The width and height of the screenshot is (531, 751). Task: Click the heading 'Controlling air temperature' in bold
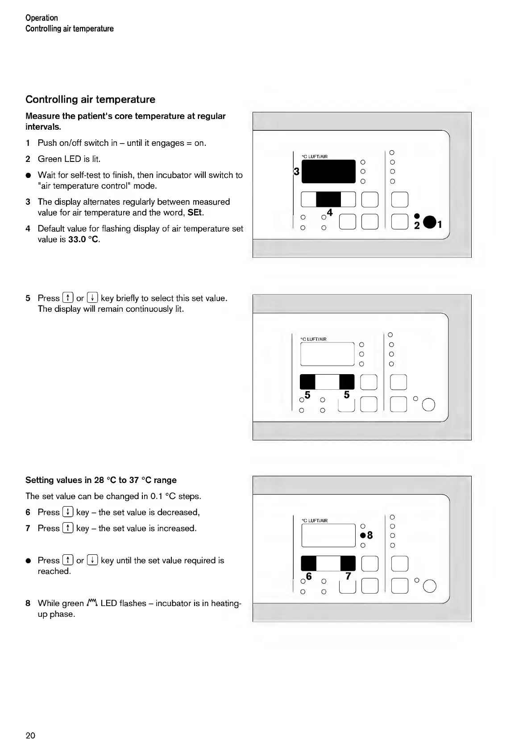tap(90, 99)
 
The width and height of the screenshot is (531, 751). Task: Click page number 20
tap(30, 735)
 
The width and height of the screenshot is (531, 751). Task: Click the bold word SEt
tap(195, 213)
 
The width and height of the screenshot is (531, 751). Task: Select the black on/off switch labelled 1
tap(429, 222)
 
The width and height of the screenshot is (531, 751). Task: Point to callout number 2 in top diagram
tap(417, 226)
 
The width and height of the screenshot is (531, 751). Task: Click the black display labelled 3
tap(328, 171)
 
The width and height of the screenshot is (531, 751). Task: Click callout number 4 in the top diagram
tap(330, 212)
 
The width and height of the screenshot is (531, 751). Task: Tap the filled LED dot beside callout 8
tap(363, 536)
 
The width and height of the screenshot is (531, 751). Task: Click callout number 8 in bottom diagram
tap(370, 536)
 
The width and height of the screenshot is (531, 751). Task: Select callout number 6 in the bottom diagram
tap(309, 577)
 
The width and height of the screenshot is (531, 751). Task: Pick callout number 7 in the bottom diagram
tap(348, 577)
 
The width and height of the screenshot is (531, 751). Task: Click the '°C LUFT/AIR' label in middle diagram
tap(314, 339)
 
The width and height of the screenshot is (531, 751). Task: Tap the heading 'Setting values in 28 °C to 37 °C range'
tap(101, 480)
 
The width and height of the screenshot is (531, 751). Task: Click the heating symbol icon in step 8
tap(92, 603)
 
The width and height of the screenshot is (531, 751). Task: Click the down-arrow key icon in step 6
tap(68, 512)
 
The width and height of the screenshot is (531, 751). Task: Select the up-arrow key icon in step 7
tap(68, 528)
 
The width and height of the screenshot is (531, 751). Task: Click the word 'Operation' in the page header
tap(41, 18)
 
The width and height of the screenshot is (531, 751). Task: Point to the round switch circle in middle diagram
tap(428, 405)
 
